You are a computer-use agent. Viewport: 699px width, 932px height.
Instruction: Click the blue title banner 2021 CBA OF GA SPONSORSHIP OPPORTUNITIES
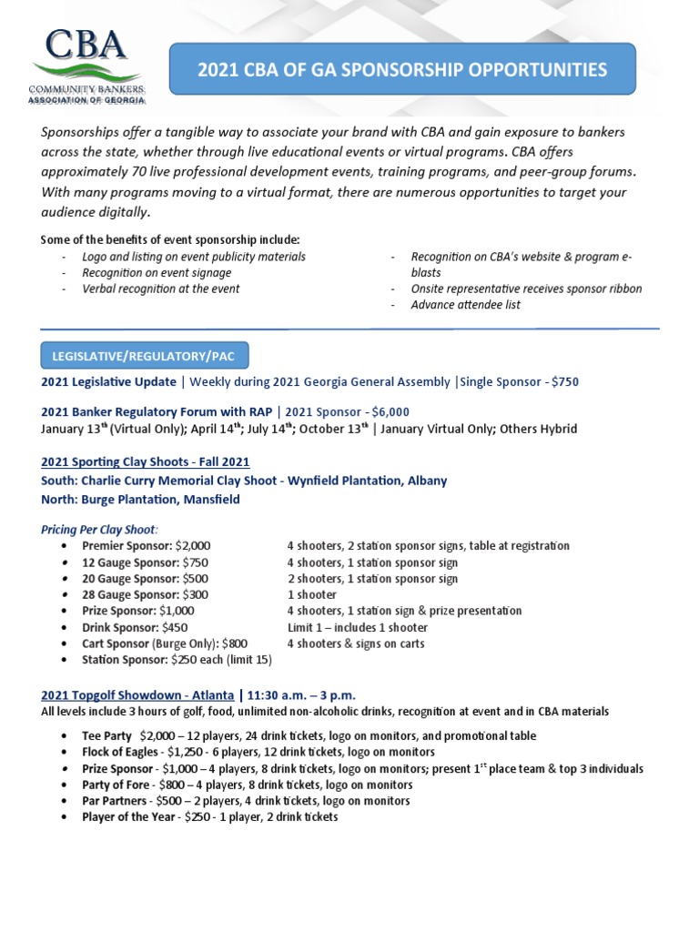pos(401,69)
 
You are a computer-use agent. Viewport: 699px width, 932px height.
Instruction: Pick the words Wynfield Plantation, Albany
pos(368,481)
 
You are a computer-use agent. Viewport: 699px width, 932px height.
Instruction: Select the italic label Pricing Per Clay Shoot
pos(99,529)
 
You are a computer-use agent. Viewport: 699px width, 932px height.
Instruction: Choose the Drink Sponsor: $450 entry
pos(135,628)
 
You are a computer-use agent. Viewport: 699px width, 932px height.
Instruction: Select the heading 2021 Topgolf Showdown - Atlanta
pos(137,695)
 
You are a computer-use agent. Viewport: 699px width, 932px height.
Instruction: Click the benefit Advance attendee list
pos(465,305)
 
